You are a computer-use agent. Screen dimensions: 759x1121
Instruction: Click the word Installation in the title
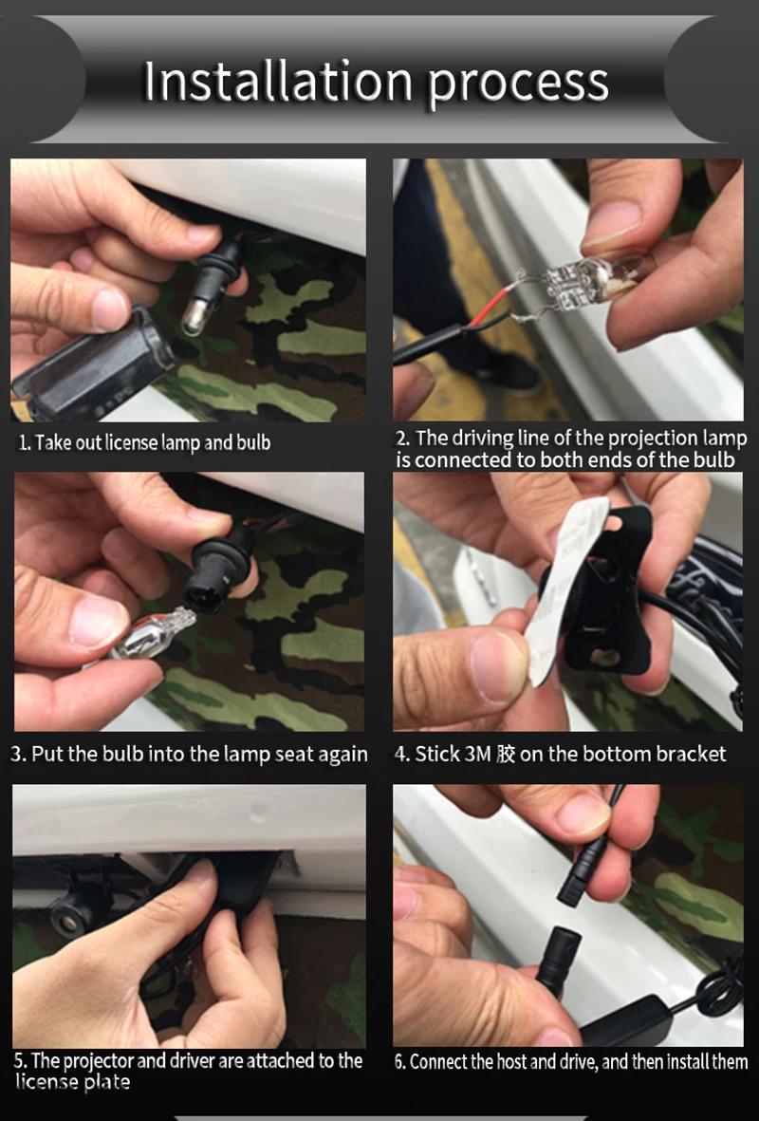278,81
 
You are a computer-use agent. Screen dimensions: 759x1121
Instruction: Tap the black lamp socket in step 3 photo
214,578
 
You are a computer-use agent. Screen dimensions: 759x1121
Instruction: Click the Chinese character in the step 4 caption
506,754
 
